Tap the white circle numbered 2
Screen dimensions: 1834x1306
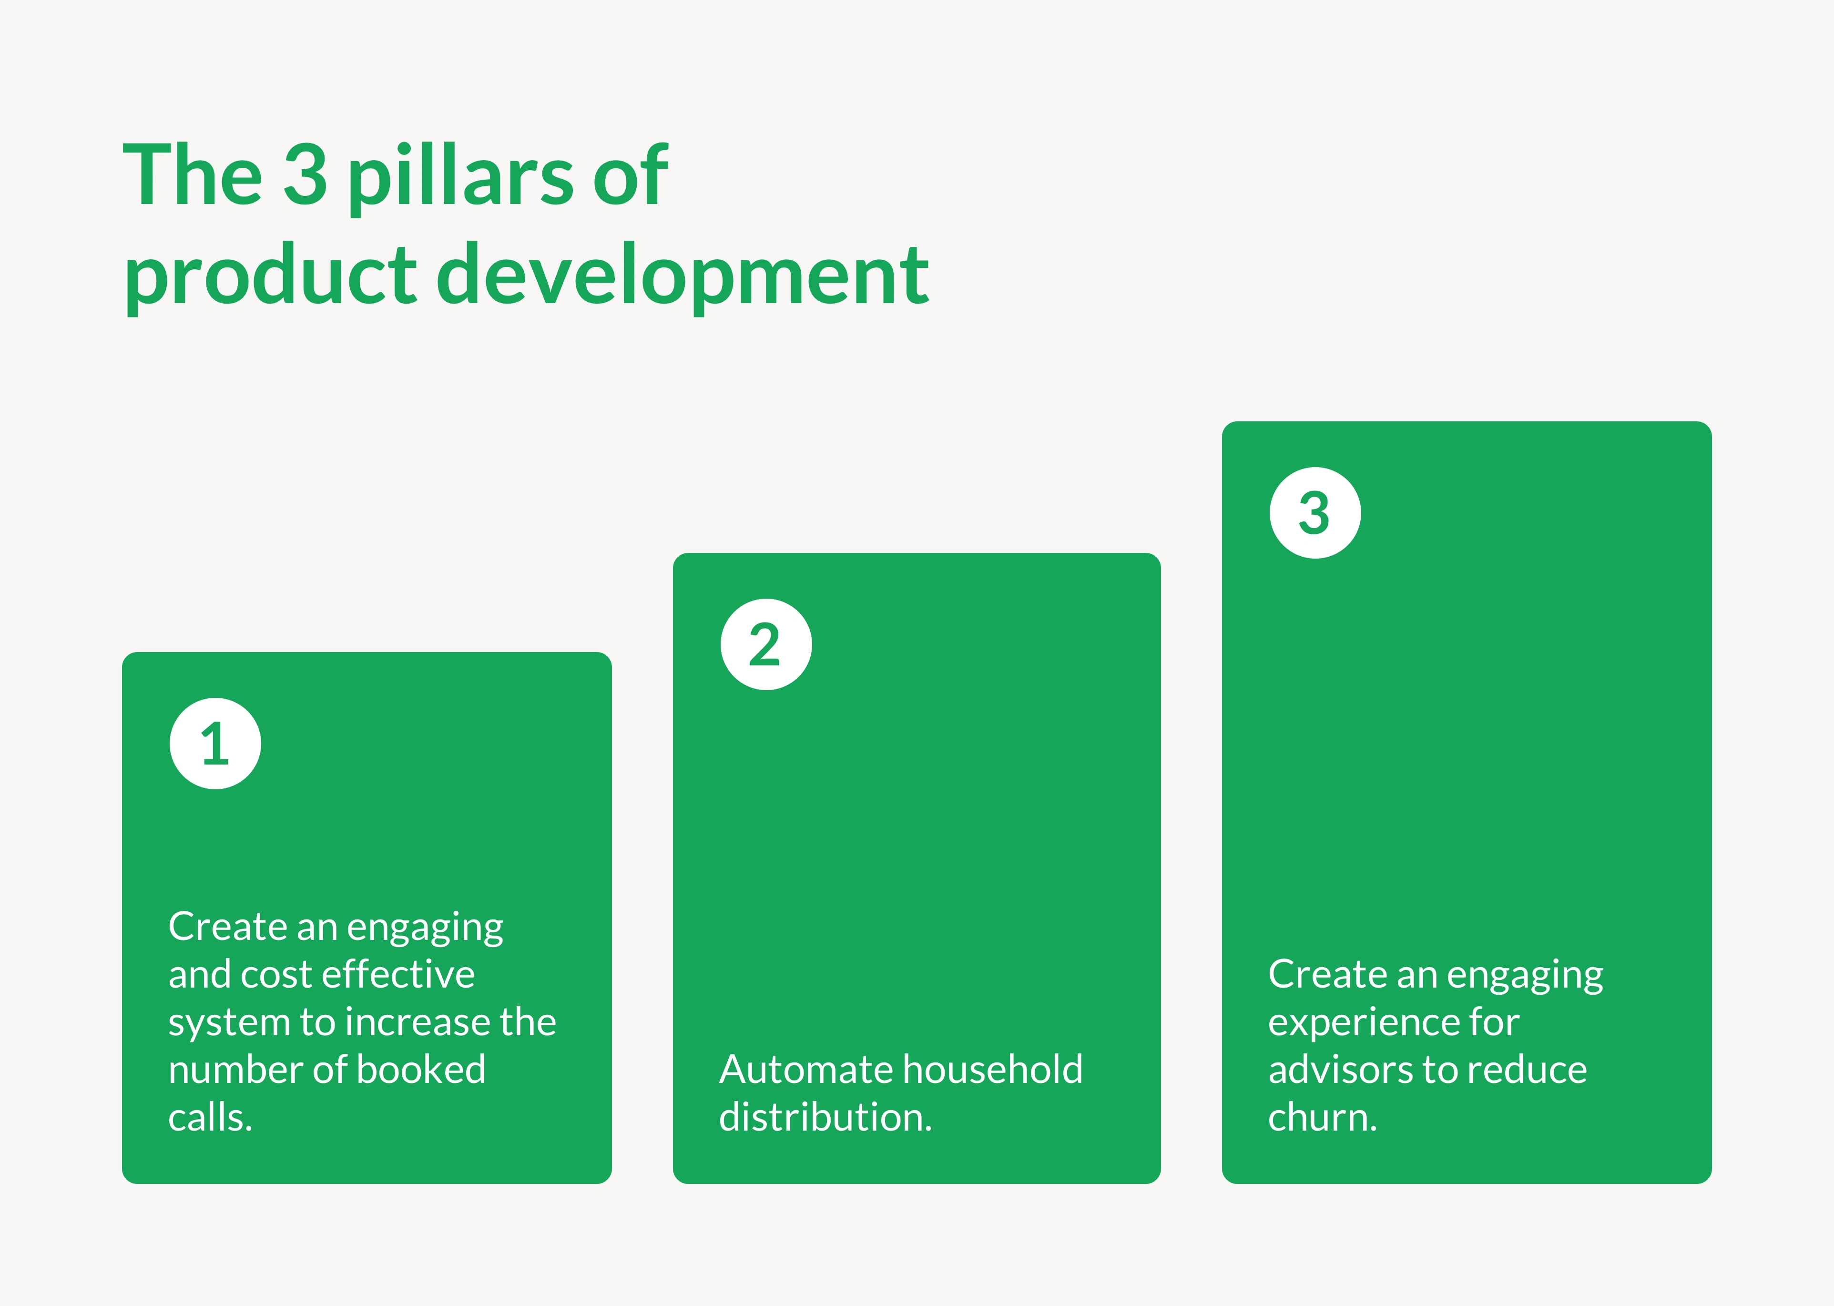click(x=766, y=644)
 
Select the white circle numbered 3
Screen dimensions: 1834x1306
click(x=1315, y=513)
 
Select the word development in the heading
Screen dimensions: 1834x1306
click(x=683, y=277)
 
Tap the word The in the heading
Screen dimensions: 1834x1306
click(x=193, y=173)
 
